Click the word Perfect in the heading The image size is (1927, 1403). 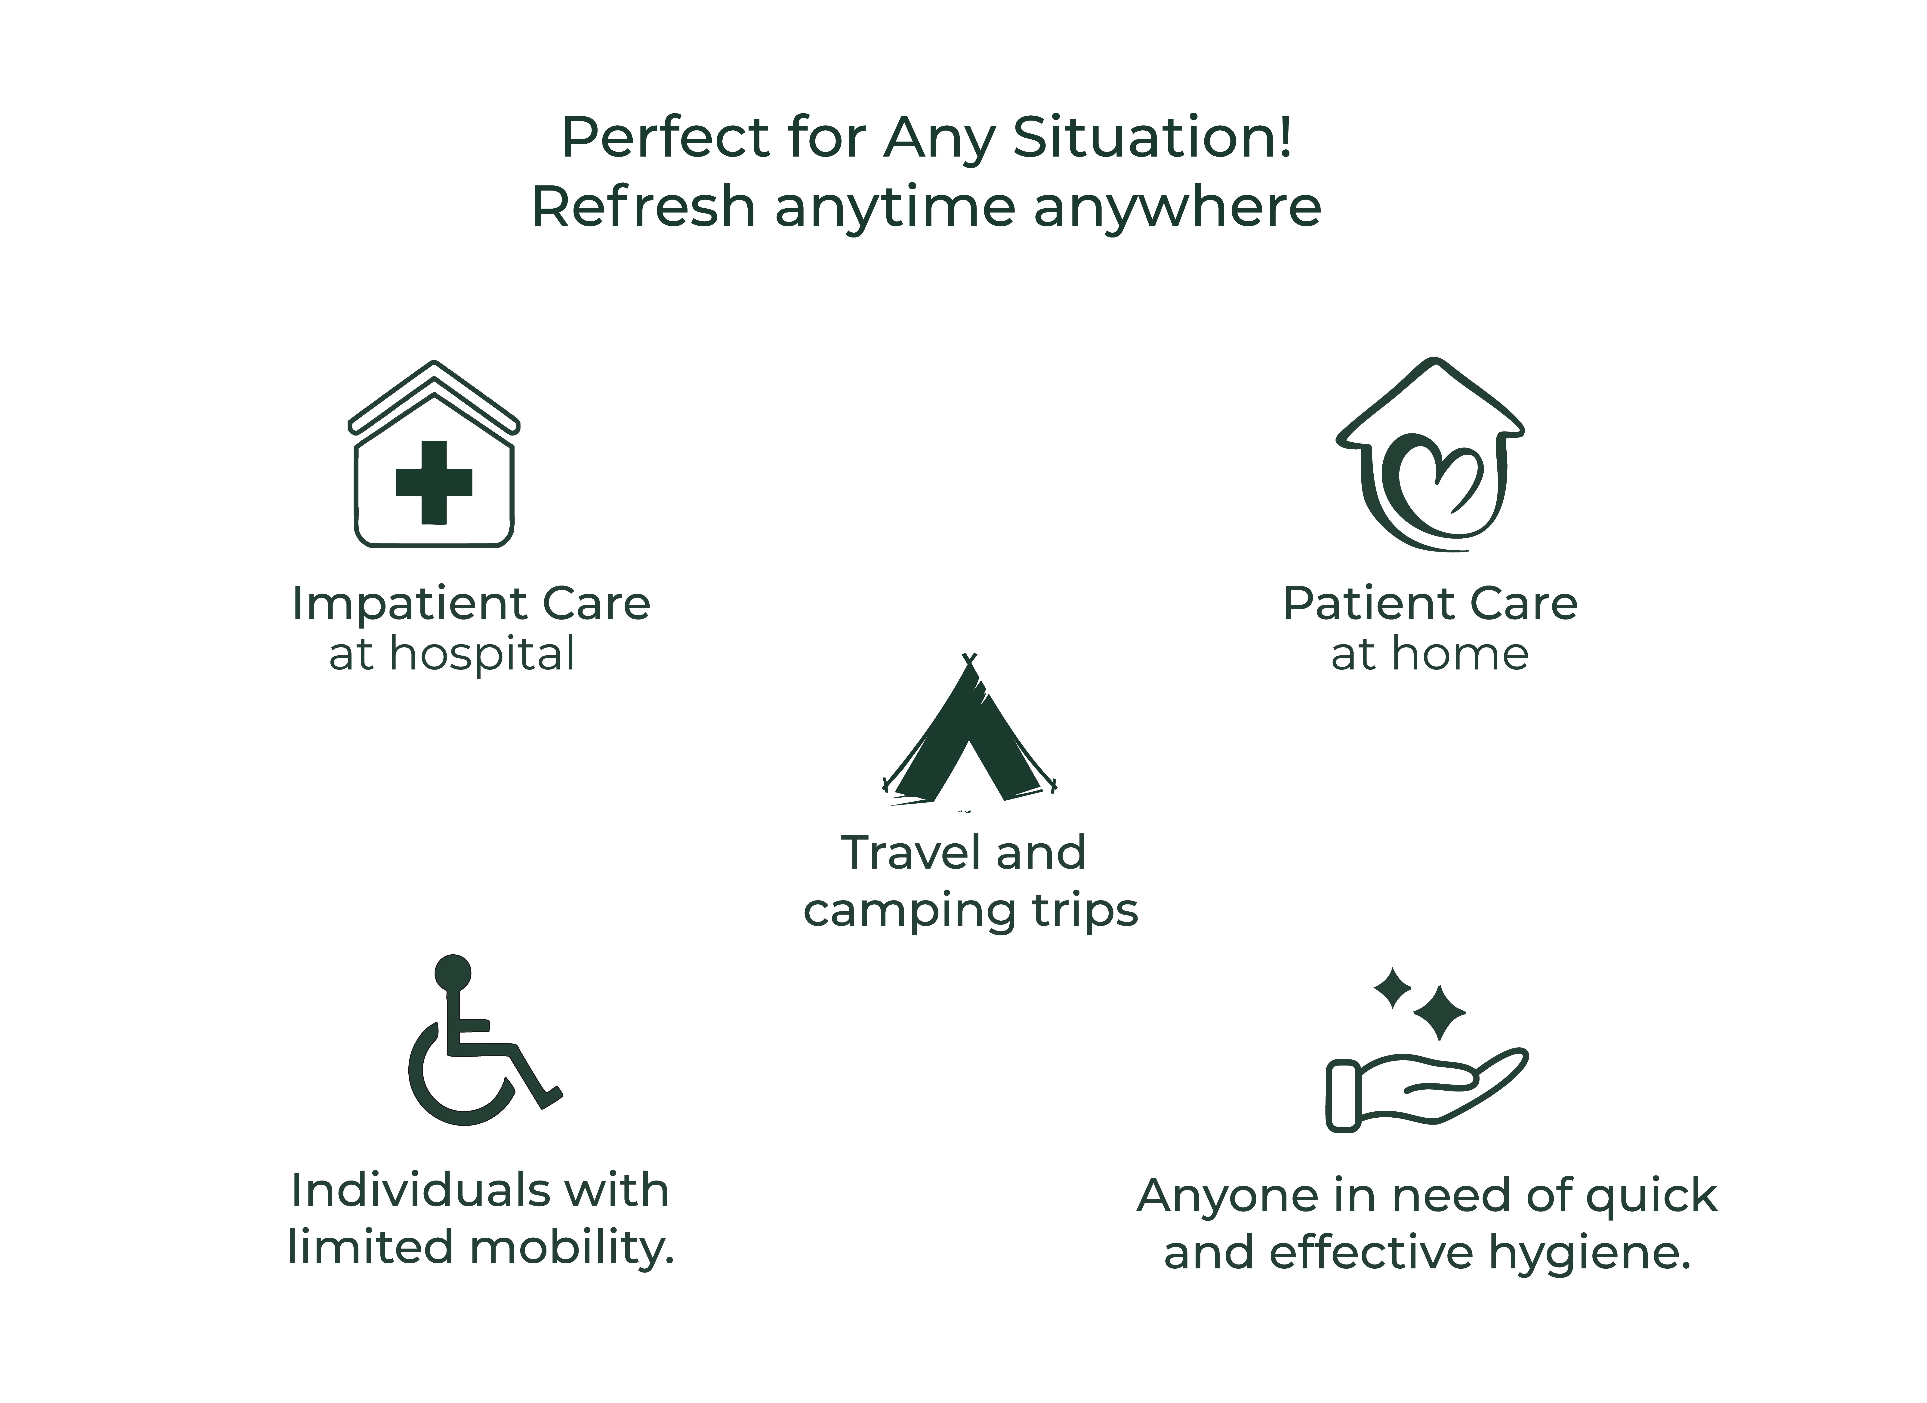click(x=665, y=138)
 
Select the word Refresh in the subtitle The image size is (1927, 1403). click(x=643, y=207)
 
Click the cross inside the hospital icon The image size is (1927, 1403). click(x=434, y=483)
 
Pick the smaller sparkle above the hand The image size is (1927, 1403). click(x=1393, y=988)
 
